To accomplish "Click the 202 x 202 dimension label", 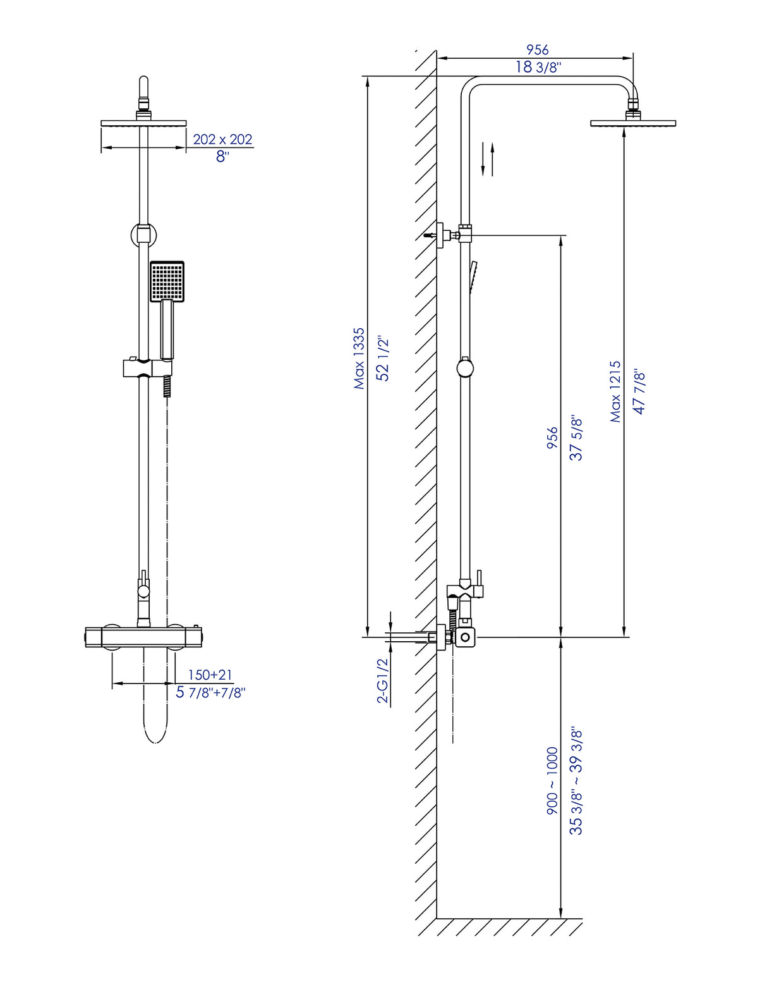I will pos(222,139).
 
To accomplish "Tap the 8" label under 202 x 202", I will pos(222,157).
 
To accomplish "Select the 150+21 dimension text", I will pos(210,675).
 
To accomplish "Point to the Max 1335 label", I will pos(359,358).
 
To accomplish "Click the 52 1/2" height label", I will pos(383,358).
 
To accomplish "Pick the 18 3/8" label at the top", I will pos(538,67).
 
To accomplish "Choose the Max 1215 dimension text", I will pos(615,391).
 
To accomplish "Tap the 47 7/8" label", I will pos(639,391).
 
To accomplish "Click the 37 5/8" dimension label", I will pos(576,438).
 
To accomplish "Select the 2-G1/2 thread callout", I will pos(383,680).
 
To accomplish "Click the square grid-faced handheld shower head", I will pos(167,281).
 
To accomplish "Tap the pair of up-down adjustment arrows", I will pos(487,159).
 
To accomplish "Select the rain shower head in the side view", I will pos(633,123).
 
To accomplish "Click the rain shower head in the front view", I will pos(143,123).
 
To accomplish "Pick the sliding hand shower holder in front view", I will pos(147,367).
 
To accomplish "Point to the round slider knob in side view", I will pos(466,367).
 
